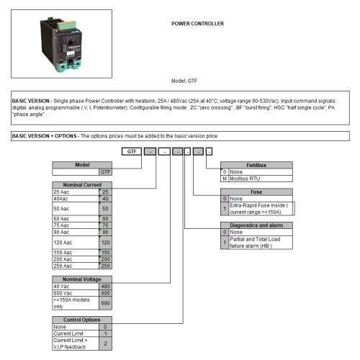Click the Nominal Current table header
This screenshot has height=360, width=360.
point(82,185)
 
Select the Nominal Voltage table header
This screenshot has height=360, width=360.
point(82,278)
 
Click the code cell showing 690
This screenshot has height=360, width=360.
point(105,304)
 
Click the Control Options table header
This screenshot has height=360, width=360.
point(82,319)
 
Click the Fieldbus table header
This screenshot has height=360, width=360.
point(257,165)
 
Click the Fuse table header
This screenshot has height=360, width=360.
point(257,192)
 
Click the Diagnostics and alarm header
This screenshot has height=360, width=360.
point(257,225)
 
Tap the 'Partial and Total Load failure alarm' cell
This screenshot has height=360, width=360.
point(261,243)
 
